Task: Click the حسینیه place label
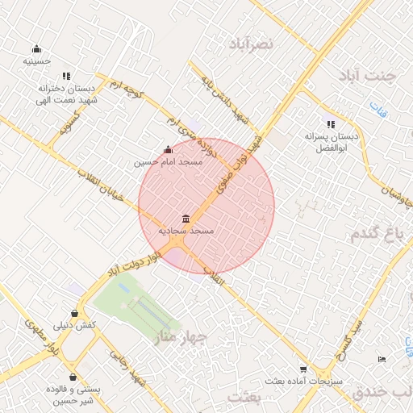[x=37, y=61]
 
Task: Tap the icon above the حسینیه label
[x=36, y=49]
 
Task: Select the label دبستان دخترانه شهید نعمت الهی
[x=68, y=95]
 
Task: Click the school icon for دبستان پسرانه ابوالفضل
[x=330, y=124]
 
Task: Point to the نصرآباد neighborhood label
[x=252, y=42]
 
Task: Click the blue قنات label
[x=378, y=108]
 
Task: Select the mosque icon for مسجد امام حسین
[x=168, y=149]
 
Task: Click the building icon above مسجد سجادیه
[x=186, y=219]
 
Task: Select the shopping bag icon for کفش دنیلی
[x=75, y=313]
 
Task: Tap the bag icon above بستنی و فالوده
[x=74, y=377]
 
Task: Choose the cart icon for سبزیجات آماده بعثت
[x=302, y=369]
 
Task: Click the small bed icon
[x=382, y=359]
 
